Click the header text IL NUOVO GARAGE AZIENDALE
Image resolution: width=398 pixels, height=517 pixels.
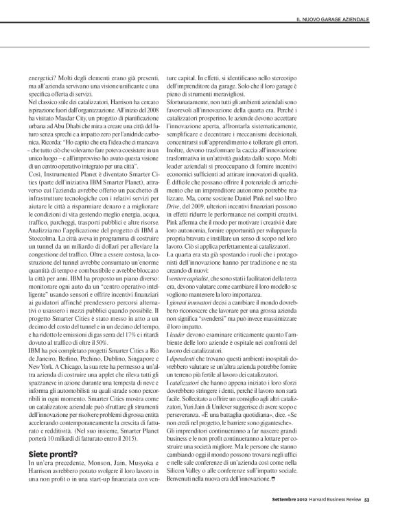point(336,16)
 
